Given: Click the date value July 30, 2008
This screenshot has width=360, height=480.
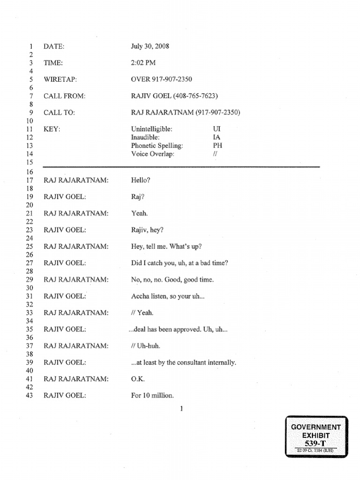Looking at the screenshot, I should pyautogui.click(x=150, y=46).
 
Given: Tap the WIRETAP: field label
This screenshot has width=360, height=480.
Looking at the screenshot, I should pyautogui.click(x=60, y=79).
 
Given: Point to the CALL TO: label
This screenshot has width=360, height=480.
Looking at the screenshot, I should pyautogui.click(x=59, y=112).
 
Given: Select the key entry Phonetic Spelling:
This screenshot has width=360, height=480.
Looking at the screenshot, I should pyautogui.click(x=157, y=145).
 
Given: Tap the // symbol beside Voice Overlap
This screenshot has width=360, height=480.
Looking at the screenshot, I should pyautogui.click(x=215, y=154).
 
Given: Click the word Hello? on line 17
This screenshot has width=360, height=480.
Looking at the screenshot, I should pyautogui.click(x=141, y=180).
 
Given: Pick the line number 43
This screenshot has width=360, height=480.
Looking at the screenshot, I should pyautogui.click(x=30, y=396).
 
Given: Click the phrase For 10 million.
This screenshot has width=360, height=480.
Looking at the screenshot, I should pyautogui.click(x=152, y=396).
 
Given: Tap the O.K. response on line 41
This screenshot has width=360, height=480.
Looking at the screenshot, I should pyautogui.click(x=138, y=379).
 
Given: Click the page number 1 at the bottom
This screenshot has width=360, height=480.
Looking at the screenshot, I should pyautogui.click(x=181, y=408).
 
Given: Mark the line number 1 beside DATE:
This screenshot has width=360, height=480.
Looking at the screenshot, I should pyautogui.click(x=30, y=46).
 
